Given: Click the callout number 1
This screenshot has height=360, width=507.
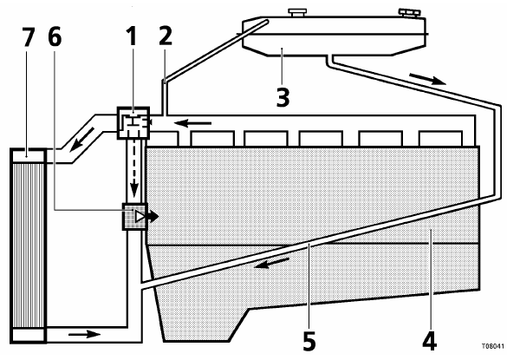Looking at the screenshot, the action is pos(132,36).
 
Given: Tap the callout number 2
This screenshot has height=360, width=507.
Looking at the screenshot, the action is pos(166,36).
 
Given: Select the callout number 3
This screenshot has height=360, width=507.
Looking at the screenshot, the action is pos(283,97).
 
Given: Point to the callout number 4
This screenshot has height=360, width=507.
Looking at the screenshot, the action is pos(430,341).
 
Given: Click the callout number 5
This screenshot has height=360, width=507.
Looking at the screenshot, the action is pos(309,341).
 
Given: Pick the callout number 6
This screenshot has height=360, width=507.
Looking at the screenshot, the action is pos(55,36).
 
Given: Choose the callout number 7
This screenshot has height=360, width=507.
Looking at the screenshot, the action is pos(28,36).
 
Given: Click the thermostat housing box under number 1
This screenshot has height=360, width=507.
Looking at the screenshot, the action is pos(133,122).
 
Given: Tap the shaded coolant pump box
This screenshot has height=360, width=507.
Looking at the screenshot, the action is pos(135,217).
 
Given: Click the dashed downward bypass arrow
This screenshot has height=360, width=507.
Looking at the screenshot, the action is pos(134,168).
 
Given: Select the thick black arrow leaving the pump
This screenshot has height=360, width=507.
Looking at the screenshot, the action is pos(153,217).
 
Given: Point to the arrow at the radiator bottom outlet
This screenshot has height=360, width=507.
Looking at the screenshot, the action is pos(84,334).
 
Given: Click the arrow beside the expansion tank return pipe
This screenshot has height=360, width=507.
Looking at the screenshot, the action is pos(428,79).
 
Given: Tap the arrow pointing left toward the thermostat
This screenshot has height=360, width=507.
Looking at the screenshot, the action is pos(192,123).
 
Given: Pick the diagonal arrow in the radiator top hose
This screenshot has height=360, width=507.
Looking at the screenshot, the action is pos(81,139).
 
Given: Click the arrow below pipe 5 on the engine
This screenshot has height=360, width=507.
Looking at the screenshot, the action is pos(271,263).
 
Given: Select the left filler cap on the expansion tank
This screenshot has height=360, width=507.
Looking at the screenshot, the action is pos(297,13).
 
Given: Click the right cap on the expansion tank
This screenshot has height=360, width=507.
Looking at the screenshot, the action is pos(410,13).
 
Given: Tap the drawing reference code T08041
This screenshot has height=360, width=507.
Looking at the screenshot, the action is pos(492,346).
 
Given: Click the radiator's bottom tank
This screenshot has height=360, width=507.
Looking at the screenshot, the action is pos(28,335).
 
